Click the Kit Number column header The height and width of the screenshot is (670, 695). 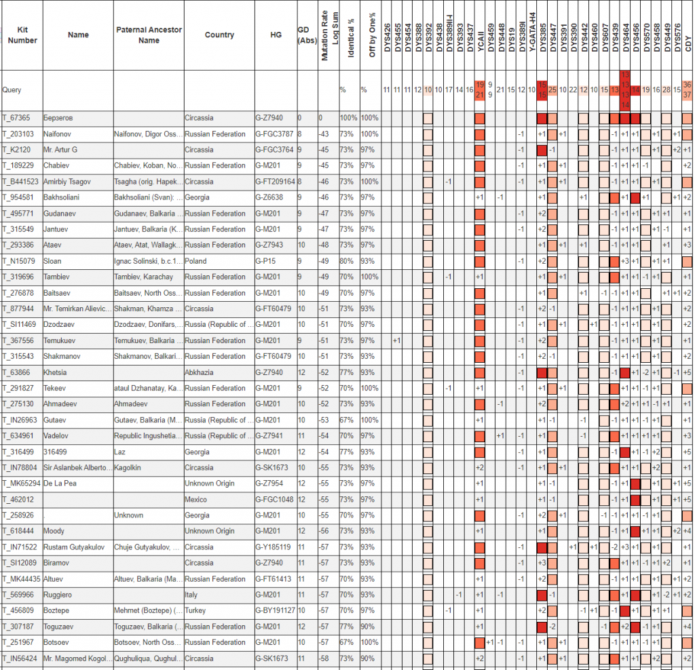click(22, 35)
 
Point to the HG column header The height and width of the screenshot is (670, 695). click(276, 35)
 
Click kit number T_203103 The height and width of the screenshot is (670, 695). click(18, 134)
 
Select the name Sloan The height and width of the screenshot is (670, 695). click(52, 261)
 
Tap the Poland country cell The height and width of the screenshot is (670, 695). click(195, 261)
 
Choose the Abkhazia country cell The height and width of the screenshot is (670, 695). click(199, 373)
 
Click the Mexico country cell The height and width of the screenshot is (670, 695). click(195, 500)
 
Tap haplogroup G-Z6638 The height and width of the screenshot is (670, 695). click(270, 197)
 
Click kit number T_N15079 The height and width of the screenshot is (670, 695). click(18, 261)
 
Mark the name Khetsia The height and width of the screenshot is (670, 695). click(55, 373)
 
